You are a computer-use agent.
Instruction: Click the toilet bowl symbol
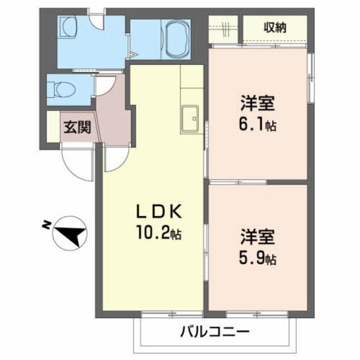[58, 89]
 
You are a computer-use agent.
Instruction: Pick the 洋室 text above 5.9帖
[258, 239]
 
